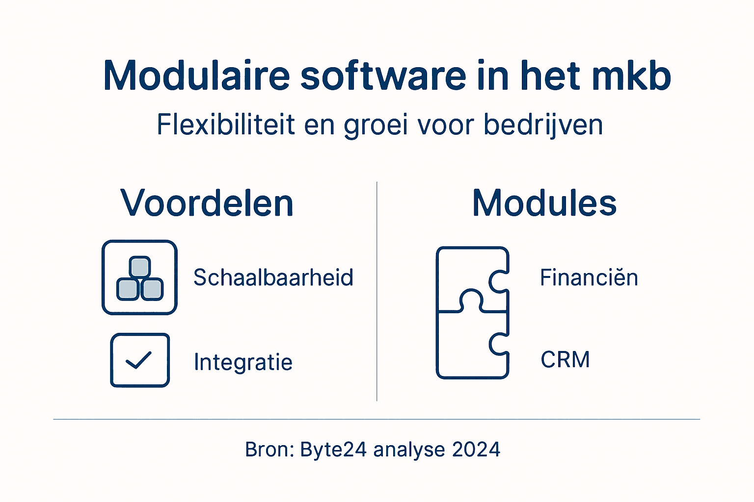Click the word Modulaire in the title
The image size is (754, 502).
coord(196,76)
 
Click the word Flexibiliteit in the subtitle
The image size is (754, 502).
coord(226,125)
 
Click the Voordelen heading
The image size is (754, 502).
coord(207,203)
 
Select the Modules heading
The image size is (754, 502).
coord(544,203)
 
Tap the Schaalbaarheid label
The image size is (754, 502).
coord(273,277)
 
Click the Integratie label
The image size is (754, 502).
coord(243,362)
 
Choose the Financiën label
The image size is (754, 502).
coord(589,277)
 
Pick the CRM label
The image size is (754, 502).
coord(565,359)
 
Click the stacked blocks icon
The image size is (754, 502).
coord(139,277)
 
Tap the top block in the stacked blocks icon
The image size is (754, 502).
coord(140,267)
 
